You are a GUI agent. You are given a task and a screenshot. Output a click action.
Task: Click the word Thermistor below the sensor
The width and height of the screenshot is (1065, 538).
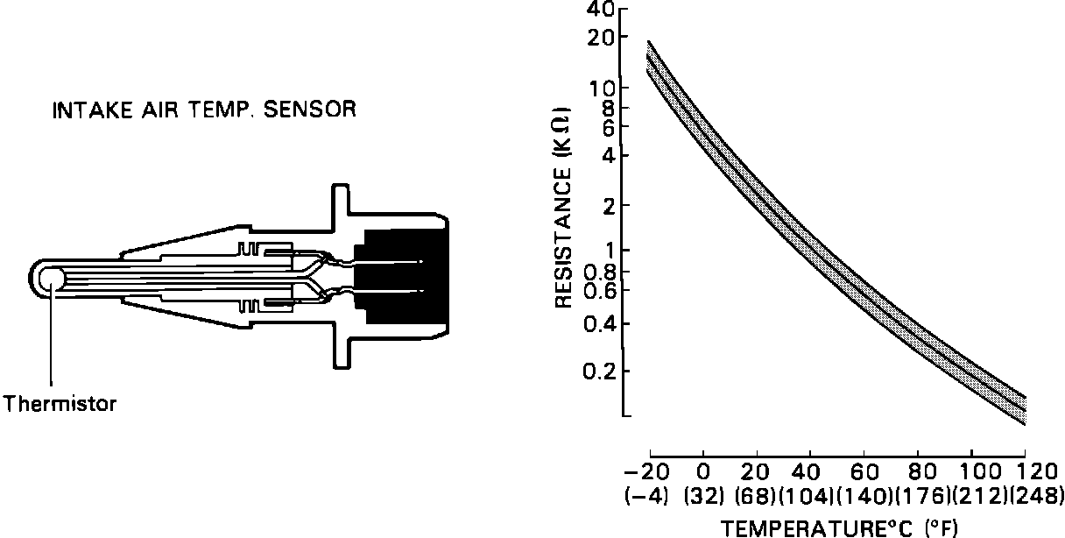click(x=60, y=404)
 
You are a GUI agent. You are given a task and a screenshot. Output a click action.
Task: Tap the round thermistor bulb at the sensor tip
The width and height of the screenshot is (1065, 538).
click(x=51, y=280)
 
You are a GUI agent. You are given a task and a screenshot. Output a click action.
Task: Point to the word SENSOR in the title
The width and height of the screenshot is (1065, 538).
click(x=309, y=110)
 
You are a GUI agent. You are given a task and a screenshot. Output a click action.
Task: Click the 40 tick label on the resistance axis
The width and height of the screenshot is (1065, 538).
click(x=602, y=9)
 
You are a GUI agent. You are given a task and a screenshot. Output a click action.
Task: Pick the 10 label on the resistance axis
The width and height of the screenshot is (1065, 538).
click(x=603, y=88)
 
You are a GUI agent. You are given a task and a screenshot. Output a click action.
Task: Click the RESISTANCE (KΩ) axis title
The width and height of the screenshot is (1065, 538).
click(x=563, y=207)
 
